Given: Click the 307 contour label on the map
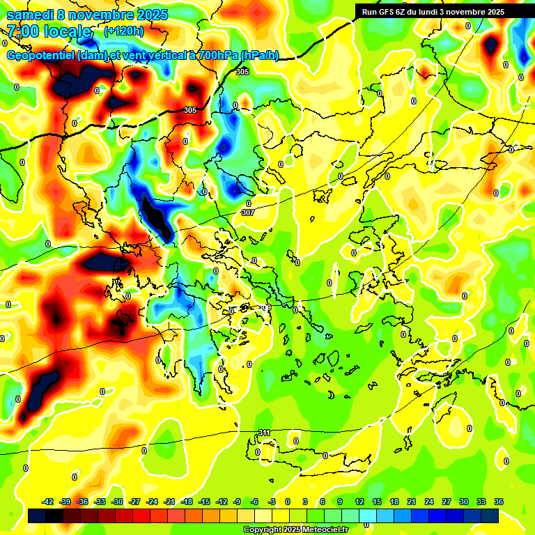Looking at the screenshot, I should click(x=247, y=212).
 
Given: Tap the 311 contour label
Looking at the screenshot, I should click(x=264, y=433).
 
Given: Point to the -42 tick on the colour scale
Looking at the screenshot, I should click(x=48, y=502).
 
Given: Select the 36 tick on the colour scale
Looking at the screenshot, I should click(x=499, y=502).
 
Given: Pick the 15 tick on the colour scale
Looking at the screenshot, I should click(x=377, y=502).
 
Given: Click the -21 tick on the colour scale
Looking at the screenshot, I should click(x=169, y=502).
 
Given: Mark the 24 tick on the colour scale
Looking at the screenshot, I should click(x=429, y=502).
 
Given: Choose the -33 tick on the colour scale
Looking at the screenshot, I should click(x=100, y=502).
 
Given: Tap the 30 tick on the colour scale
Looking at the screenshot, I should click(x=464, y=502).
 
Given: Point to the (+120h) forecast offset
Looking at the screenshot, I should click(x=124, y=31).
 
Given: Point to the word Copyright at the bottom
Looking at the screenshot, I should click(x=263, y=530).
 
